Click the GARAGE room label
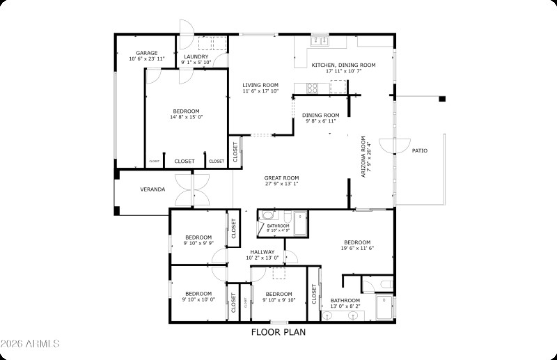[146, 53]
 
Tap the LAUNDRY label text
[196, 56]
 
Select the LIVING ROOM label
[260, 85]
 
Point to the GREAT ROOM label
[281, 178]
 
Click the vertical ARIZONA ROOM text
[363, 157]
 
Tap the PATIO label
[420, 150]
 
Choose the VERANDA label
[152, 189]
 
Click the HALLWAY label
[262, 252]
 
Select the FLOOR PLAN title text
[278, 332]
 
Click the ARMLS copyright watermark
[31, 344]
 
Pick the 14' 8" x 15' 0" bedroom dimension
[186, 117]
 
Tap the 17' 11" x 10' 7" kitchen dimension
[343, 71]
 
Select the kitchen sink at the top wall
[320, 40]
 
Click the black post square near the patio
[441, 100]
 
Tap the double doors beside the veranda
[191, 189]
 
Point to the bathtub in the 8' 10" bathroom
[300, 224]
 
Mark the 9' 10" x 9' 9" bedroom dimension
[198, 243]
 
